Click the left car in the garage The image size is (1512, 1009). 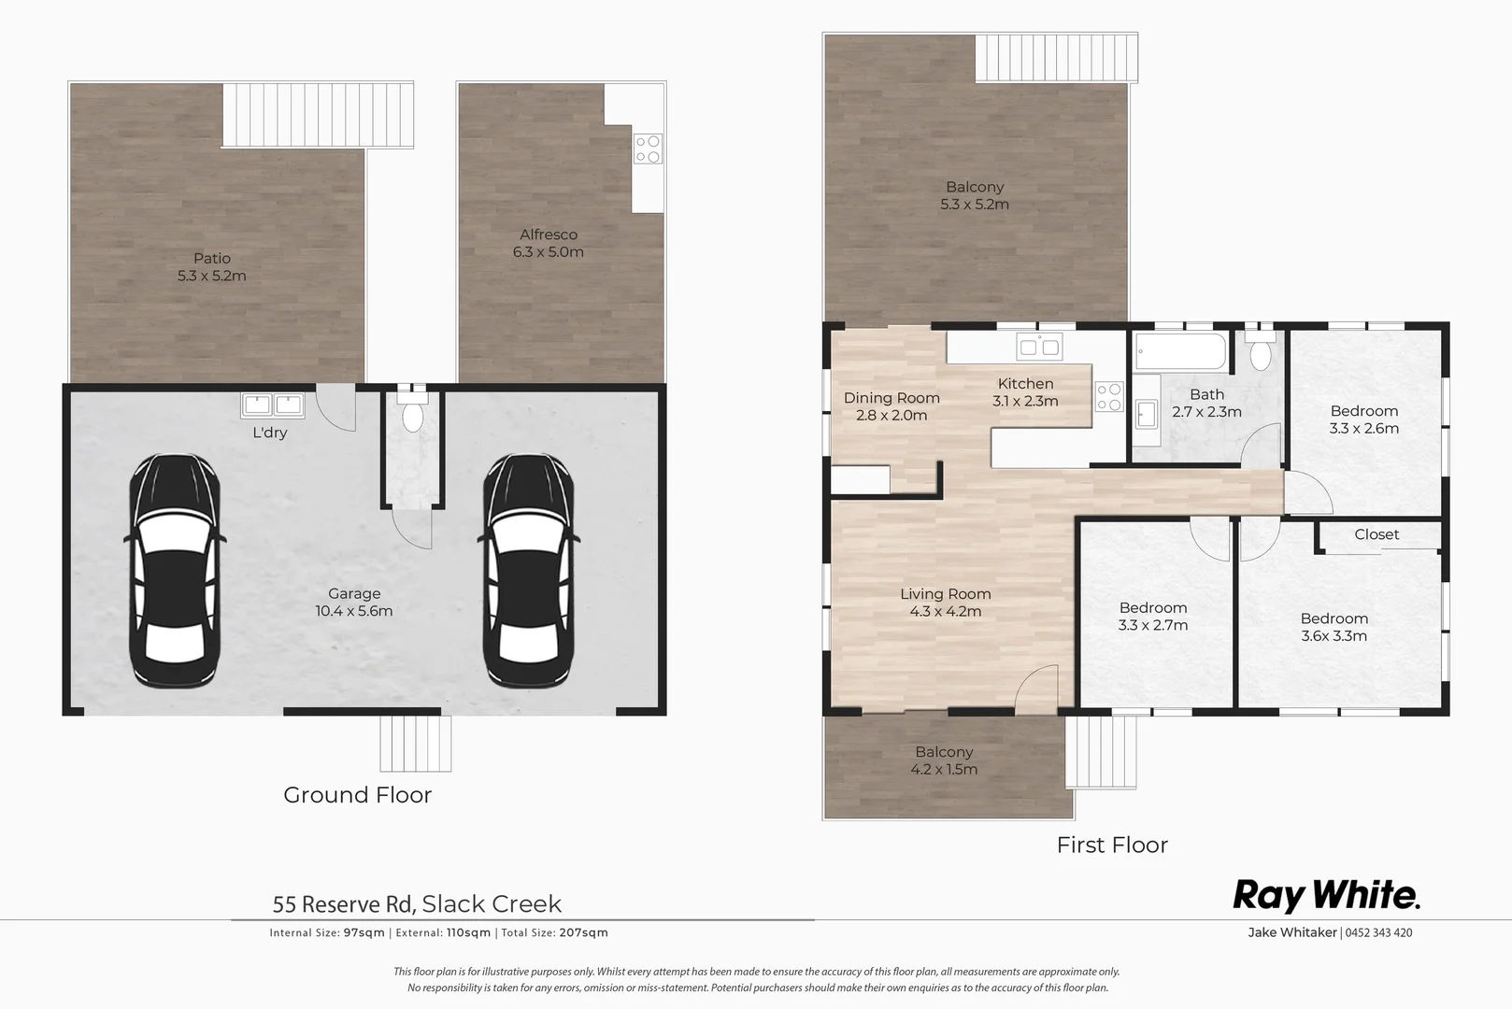pos(175,571)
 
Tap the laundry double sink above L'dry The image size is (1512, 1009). pos(273,405)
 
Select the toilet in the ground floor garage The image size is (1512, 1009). pos(412,415)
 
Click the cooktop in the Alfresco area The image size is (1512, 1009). pos(648,149)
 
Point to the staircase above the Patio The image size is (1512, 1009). pos(318,115)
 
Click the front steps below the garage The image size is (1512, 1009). pos(415,744)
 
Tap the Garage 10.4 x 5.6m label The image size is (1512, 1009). pos(354,603)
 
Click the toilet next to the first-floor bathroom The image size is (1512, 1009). pos(1261,354)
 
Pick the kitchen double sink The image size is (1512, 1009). pos(1040,347)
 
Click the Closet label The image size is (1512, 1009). pos(1376,534)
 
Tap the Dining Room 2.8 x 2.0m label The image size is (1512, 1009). pos(892,406)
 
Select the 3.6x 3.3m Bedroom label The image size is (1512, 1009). pos(1334,627)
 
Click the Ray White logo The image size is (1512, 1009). pos(1326,895)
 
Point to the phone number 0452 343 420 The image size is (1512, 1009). pos(1378,932)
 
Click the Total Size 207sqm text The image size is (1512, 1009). pos(555,932)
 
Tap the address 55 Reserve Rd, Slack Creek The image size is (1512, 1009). pos(417,903)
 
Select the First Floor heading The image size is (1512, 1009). pos(1112,845)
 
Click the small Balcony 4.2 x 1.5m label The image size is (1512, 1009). pos(944,760)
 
